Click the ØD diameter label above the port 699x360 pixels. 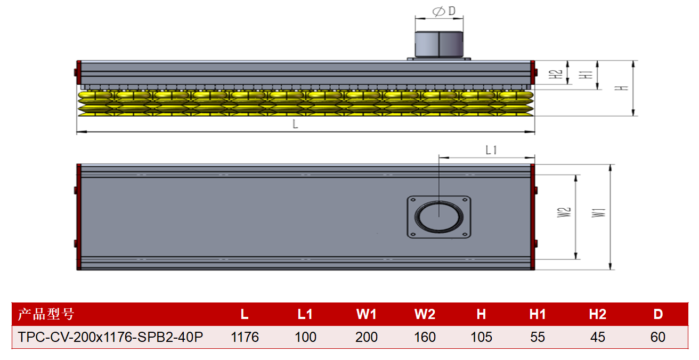click(444, 11)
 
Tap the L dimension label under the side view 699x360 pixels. click(295, 124)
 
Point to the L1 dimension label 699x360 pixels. click(491, 150)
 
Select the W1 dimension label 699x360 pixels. click(598, 213)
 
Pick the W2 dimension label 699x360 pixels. click(564, 212)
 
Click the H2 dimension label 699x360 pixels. click(556, 74)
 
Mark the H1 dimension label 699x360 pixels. click(586, 75)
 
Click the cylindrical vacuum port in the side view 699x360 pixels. click(439, 44)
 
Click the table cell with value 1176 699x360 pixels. click(245, 337)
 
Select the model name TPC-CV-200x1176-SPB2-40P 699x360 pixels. click(110, 337)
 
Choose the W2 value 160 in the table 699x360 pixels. click(425, 337)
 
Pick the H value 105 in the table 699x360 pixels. click(481, 337)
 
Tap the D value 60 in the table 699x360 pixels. click(658, 337)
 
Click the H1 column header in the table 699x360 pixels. click(538, 314)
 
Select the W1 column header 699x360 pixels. click(367, 314)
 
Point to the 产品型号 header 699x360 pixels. click(46, 314)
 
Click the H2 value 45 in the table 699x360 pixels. click(598, 337)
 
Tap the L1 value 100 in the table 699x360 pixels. click(305, 337)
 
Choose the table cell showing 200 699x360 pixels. click(367, 337)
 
